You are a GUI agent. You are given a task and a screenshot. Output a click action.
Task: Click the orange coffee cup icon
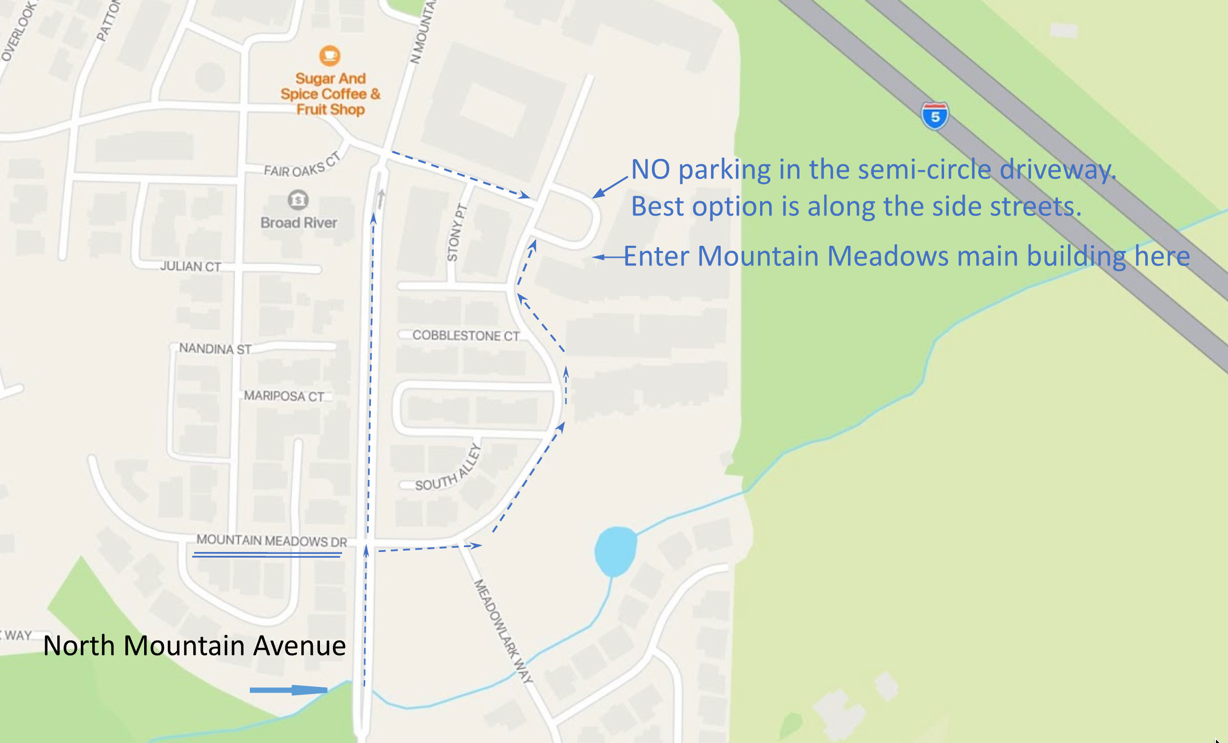tap(330, 55)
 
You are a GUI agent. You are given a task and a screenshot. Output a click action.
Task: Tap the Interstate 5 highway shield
tap(934, 116)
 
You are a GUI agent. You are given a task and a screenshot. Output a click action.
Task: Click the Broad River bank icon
tap(298, 200)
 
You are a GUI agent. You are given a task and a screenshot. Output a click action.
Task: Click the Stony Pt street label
tap(456, 233)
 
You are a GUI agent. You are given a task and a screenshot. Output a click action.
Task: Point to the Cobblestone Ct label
tap(466, 336)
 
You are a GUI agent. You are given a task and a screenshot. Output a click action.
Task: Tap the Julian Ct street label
tap(190, 266)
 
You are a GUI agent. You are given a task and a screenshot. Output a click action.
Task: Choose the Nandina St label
tap(215, 348)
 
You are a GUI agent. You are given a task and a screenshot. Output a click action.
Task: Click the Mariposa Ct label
tap(283, 396)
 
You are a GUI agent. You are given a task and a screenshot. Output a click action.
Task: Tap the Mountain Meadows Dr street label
tap(271, 540)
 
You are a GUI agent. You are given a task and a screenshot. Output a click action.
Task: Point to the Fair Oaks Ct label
tap(302, 167)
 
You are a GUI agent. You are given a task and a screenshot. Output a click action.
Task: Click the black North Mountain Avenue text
tap(195, 646)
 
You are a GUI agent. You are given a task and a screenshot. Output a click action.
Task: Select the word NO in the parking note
tap(650, 170)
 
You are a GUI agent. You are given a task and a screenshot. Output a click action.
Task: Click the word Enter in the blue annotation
tap(656, 256)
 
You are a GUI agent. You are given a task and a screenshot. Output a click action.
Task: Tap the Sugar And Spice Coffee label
tap(330, 94)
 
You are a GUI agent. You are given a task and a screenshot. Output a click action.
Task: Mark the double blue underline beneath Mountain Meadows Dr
tap(267, 554)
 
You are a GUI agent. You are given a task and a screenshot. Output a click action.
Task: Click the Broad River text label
tap(298, 223)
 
